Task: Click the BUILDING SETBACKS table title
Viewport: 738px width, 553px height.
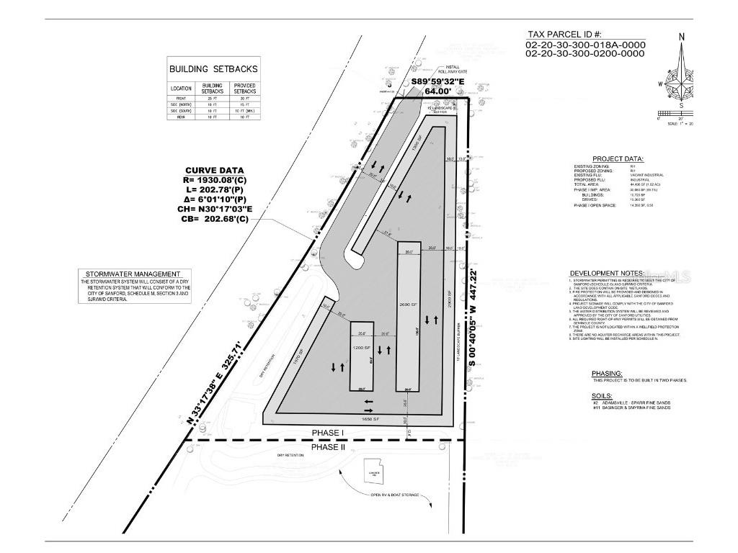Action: click(213, 69)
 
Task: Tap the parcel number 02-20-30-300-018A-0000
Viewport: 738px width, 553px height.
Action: click(585, 45)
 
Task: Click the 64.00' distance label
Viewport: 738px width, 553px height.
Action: click(437, 91)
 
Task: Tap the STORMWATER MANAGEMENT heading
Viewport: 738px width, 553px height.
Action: click(133, 274)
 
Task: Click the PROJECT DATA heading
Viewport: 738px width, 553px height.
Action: click(618, 159)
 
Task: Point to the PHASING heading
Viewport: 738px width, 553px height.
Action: click(606, 373)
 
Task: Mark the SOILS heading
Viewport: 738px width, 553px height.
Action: click(602, 395)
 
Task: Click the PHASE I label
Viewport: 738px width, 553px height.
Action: click(329, 433)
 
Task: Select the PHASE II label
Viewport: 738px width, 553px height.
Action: click(329, 447)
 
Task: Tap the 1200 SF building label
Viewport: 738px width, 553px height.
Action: click(362, 348)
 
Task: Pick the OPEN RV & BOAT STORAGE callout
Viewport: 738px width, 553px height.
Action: click(394, 495)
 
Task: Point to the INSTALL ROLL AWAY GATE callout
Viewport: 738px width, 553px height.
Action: click(457, 70)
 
